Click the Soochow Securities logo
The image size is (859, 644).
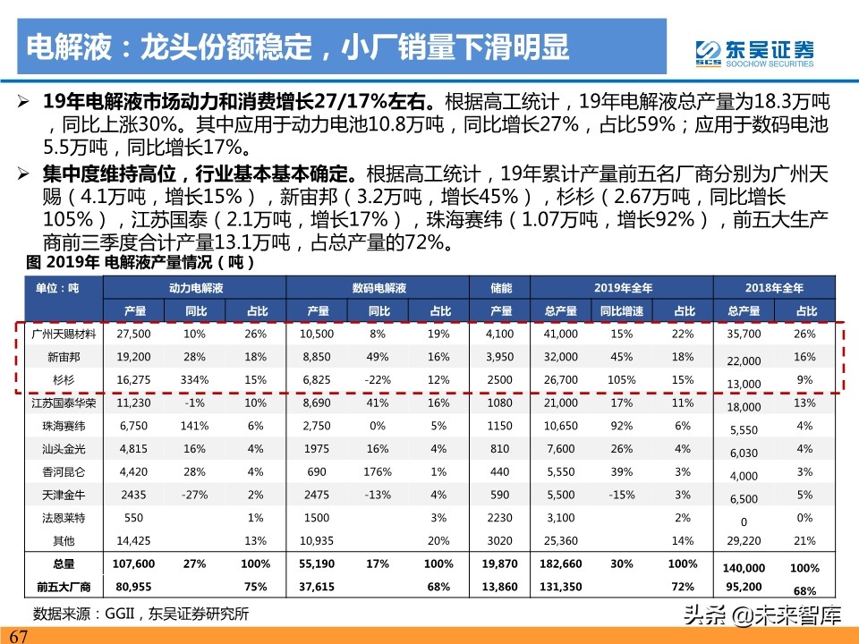click(755, 52)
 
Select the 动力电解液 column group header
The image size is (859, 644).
click(195, 288)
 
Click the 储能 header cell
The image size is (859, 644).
click(500, 288)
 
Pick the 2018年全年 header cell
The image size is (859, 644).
click(774, 288)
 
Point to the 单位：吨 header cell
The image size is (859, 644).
click(58, 288)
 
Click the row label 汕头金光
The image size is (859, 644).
click(58, 448)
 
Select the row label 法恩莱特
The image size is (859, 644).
click(58, 518)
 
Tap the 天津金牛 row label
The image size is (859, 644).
click(58, 495)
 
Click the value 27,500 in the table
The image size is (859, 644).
click(133, 333)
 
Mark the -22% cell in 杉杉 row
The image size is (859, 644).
click(378, 378)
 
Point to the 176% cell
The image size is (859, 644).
click(378, 471)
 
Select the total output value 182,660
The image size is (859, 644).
click(560, 563)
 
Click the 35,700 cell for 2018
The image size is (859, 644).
click(744, 333)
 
